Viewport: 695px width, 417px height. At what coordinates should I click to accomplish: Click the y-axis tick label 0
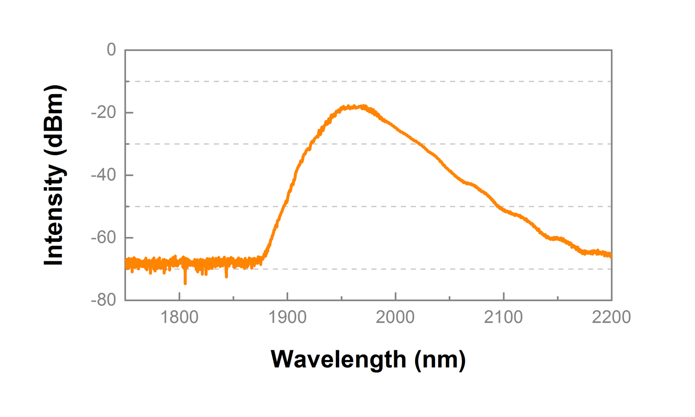pyautogui.click(x=111, y=50)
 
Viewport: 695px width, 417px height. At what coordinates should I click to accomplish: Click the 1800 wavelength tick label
pyautogui.click(x=179, y=317)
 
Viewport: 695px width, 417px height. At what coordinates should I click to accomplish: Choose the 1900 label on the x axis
pyautogui.click(x=287, y=317)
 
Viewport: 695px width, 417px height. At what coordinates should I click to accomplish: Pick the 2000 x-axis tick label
pyautogui.click(x=395, y=317)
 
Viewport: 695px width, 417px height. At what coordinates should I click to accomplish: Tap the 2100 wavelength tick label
pyautogui.click(x=503, y=317)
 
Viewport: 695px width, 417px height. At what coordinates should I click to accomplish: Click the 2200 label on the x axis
pyautogui.click(x=611, y=317)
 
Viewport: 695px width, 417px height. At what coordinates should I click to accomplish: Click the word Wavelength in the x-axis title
pyautogui.click(x=338, y=360)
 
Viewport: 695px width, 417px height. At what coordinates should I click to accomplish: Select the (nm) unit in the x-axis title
pyautogui.click(x=440, y=360)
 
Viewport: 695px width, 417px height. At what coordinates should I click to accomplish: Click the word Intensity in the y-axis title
pyautogui.click(x=54, y=216)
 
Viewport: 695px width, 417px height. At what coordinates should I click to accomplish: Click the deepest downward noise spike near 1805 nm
pyautogui.click(x=185, y=282)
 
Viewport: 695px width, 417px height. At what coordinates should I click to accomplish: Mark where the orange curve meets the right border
pyautogui.click(x=611, y=255)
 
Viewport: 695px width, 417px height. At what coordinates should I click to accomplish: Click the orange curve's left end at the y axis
pyautogui.click(x=126, y=264)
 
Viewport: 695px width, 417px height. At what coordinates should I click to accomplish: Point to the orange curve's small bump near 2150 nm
pyautogui.click(x=558, y=239)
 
